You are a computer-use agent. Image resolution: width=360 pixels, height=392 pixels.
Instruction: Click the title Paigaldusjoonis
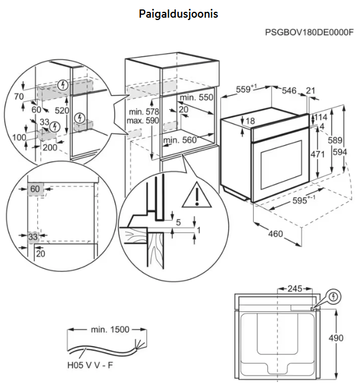[178, 13]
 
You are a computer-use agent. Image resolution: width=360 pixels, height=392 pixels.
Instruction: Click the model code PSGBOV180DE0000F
[310, 34]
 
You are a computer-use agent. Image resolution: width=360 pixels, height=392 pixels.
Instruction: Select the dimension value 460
[276, 234]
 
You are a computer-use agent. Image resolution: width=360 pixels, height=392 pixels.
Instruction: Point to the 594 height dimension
[352, 151]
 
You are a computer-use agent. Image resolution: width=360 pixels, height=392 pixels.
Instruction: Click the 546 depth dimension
[289, 90]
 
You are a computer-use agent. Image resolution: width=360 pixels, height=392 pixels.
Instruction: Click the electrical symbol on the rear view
[335, 296]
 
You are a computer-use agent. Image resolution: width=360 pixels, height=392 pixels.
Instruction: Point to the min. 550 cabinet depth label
[196, 97]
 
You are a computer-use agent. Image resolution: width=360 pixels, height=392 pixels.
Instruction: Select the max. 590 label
[143, 121]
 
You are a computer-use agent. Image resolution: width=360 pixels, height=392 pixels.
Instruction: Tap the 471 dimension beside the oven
[302, 154]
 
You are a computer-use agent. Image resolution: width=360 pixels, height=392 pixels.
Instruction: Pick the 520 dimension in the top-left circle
[62, 110]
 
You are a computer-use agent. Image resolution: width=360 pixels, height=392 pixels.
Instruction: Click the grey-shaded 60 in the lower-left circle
[35, 189]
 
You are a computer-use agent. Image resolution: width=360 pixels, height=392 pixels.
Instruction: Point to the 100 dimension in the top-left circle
[19, 137]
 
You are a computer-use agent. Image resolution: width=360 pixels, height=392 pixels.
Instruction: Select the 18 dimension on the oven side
[250, 121]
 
